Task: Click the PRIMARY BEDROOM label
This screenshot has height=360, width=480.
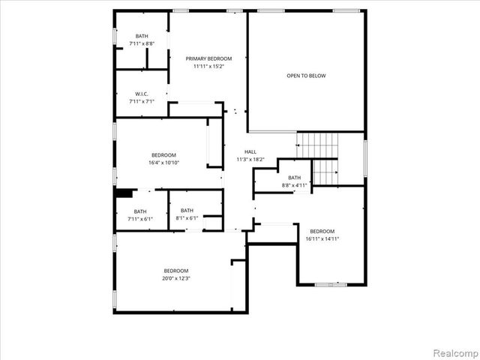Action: pyautogui.click(x=208, y=58)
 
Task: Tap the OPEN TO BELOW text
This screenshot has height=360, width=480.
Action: pyautogui.click(x=306, y=76)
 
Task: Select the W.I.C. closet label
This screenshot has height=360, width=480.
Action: pyautogui.click(x=142, y=94)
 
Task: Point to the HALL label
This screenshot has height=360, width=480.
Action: pyautogui.click(x=240, y=151)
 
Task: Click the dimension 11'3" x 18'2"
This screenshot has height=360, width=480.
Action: pyautogui.click(x=240, y=159)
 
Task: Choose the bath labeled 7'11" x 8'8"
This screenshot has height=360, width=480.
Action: pyautogui.click(x=142, y=44)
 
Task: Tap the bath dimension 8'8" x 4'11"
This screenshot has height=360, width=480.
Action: pyautogui.click(x=295, y=184)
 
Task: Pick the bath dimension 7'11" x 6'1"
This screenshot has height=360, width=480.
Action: pyautogui.click(x=141, y=219)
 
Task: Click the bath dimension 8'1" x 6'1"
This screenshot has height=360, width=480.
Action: pyautogui.click(x=187, y=218)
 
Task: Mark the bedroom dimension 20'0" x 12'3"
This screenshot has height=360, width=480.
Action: pyautogui.click(x=176, y=278)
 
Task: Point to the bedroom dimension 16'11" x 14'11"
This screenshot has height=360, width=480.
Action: pyautogui.click(x=322, y=238)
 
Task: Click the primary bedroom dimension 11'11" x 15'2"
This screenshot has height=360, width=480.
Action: pyautogui.click(x=208, y=66)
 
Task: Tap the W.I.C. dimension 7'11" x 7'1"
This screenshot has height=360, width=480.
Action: pyautogui.click(x=142, y=101)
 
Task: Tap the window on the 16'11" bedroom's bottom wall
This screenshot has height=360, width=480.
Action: pyautogui.click(x=330, y=284)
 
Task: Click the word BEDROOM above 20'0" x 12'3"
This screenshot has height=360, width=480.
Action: pyautogui.click(x=176, y=271)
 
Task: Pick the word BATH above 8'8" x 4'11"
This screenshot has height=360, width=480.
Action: pyautogui.click(x=295, y=178)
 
